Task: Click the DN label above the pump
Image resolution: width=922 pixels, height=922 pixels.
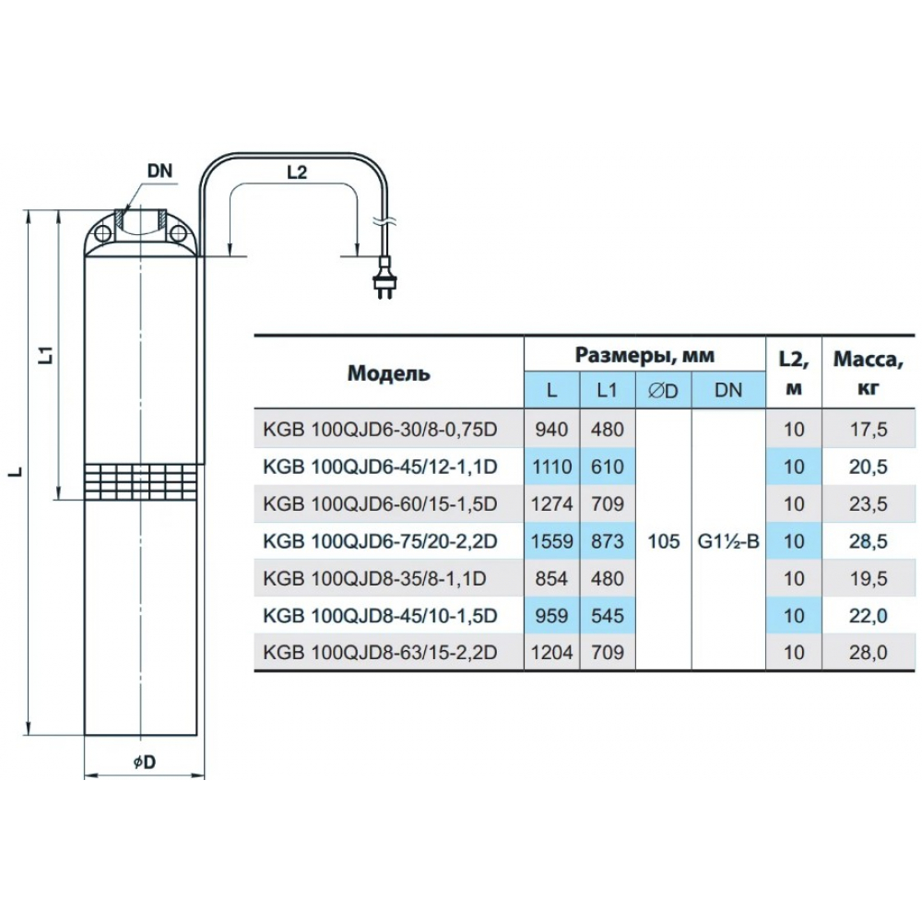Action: (x=160, y=171)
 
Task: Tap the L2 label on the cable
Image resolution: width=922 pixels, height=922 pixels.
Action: (x=297, y=173)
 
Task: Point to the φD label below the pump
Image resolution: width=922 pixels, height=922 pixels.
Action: (x=145, y=762)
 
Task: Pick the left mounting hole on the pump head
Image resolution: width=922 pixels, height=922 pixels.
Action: (x=103, y=233)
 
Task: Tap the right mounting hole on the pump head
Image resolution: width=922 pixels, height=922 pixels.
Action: (x=177, y=233)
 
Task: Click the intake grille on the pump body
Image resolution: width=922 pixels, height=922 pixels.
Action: (x=140, y=481)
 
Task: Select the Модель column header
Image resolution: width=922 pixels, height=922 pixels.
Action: (x=389, y=372)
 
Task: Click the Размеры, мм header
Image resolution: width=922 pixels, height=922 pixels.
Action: (x=644, y=355)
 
